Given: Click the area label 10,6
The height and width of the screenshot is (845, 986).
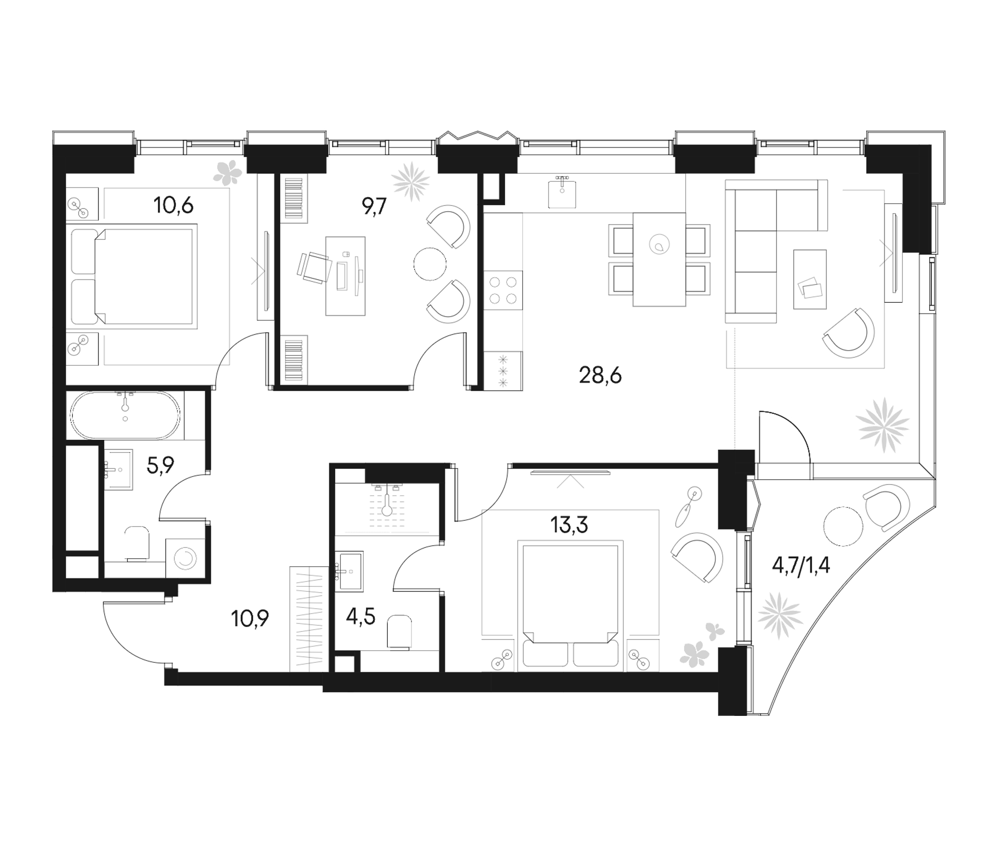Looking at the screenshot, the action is tap(173, 206).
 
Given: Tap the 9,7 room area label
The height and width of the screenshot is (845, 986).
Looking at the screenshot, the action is tap(375, 207).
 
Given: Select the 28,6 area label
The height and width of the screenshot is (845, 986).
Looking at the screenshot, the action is tap(600, 376).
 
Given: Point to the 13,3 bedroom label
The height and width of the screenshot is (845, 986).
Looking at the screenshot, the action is tap(569, 525).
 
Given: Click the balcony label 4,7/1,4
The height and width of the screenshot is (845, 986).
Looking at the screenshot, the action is tap(801, 566).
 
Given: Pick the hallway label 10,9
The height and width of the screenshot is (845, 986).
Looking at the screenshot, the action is tap(250, 619).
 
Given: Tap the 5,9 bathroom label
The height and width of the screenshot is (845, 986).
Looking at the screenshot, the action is tap(161, 465).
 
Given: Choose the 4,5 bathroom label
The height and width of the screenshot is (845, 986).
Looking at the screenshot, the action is tap(361, 618).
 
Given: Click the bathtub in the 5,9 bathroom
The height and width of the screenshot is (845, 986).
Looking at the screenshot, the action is tap(125, 415).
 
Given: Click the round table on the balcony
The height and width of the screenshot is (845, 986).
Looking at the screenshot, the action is tap(843, 526).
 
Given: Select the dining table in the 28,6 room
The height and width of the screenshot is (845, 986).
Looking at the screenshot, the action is tap(659, 260).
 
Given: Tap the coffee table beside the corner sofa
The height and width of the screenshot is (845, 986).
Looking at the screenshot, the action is tap(809, 279).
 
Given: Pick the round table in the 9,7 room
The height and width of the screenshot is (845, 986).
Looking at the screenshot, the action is tap(430, 263).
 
